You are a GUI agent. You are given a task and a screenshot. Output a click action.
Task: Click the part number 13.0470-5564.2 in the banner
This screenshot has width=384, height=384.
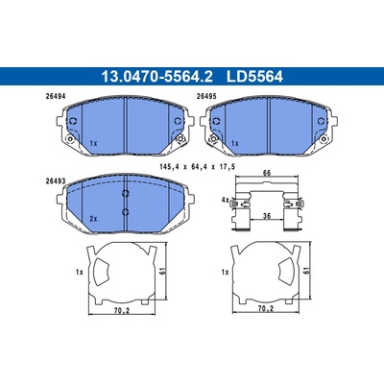156,77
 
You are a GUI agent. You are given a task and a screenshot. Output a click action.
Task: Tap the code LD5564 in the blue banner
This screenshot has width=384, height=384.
254,77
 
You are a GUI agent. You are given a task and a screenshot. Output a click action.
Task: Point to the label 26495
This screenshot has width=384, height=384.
206,96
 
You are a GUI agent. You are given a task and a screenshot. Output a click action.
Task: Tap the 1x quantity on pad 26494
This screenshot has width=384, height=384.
93,144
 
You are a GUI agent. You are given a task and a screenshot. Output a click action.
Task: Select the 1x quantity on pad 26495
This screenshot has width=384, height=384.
235,144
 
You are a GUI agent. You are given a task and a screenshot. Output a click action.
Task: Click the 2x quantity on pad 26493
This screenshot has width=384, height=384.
93,219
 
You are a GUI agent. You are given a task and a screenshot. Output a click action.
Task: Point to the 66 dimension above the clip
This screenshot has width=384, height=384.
267,173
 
